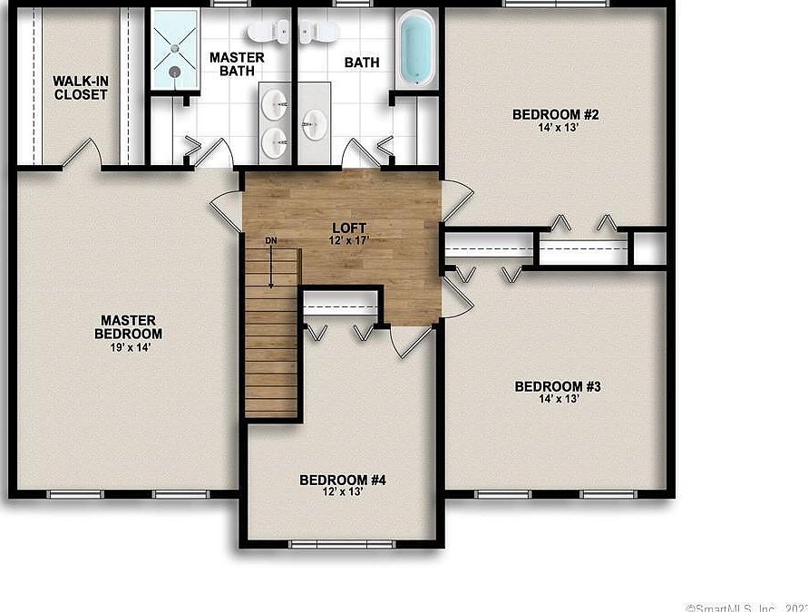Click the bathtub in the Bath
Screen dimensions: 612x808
(415, 49)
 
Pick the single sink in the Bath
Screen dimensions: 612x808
(313, 123)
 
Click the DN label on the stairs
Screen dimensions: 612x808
(270, 241)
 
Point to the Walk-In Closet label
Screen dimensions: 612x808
(80, 88)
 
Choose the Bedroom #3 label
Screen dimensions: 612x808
(558, 387)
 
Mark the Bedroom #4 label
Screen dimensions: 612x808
(343, 480)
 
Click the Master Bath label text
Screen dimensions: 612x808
(237, 64)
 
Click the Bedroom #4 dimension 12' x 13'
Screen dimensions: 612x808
(343, 492)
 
